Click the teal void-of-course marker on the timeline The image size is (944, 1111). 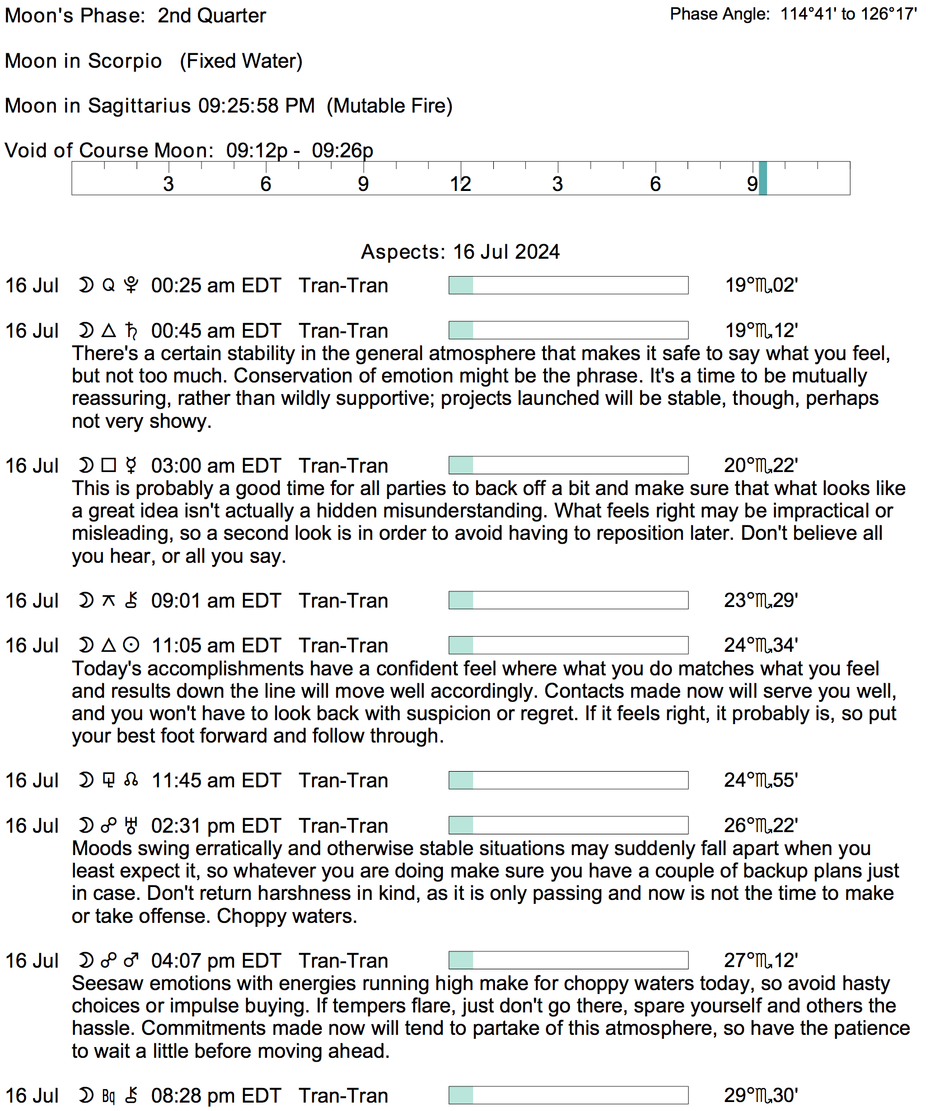[x=763, y=178]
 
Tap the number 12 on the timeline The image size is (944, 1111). [x=460, y=184]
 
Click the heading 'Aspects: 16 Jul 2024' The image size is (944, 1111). [x=460, y=252]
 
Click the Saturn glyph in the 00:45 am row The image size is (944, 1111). [x=132, y=331]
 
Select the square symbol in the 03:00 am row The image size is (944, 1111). [x=109, y=465]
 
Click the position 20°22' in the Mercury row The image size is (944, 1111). [x=760, y=465]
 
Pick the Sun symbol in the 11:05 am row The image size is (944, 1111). [x=131, y=646]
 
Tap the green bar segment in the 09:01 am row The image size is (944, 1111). [x=461, y=600]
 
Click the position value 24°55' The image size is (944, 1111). [x=760, y=780]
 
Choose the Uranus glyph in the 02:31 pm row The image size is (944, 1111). [x=132, y=825]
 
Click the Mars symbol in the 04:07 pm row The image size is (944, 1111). [x=132, y=961]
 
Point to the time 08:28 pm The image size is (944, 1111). [x=194, y=1096]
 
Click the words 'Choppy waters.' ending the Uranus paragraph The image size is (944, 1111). [x=287, y=916]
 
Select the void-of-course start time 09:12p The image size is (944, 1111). [x=256, y=151]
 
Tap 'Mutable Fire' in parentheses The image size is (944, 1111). [x=390, y=106]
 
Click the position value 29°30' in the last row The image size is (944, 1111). [x=760, y=1095]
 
